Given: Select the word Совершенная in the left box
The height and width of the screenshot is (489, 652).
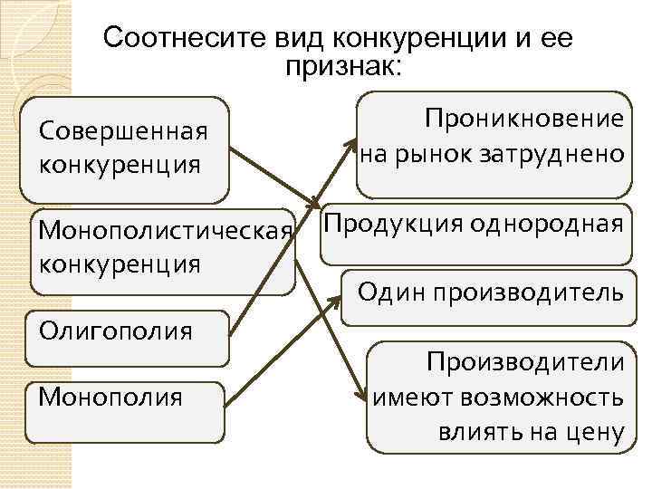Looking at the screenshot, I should pyautogui.click(x=123, y=131).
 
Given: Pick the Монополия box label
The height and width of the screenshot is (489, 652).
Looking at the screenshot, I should pyautogui.click(x=110, y=397).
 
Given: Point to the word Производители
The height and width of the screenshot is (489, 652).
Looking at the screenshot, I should pyautogui.click(x=526, y=362).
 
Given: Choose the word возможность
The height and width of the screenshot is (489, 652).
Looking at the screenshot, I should pyautogui.click(x=542, y=398).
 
